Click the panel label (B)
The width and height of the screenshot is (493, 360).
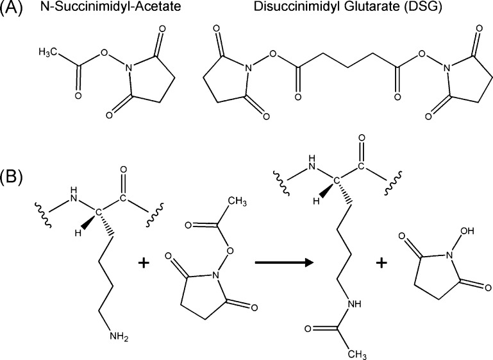pos(13,176)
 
